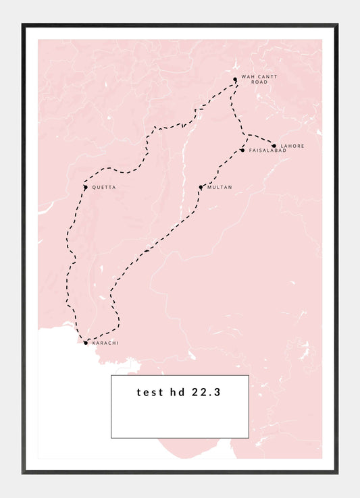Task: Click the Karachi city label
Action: tap(105, 343)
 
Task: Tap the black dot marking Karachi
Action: tap(85, 343)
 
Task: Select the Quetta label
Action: tap(104, 188)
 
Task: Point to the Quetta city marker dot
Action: tap(85, 187)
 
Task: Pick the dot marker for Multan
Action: tap(201, 187)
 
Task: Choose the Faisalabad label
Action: tap(267, 150)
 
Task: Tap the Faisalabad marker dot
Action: tap(242, 150)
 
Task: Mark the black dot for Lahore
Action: tap(274, 145)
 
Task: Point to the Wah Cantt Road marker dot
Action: tap(235, 80)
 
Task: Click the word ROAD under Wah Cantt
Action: tap(250, 83)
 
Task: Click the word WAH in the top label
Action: tap(247, 77)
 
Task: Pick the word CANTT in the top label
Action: tap(267, 77)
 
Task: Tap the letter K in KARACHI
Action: tap(94, 343)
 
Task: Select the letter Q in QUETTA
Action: tap(94, 188)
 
